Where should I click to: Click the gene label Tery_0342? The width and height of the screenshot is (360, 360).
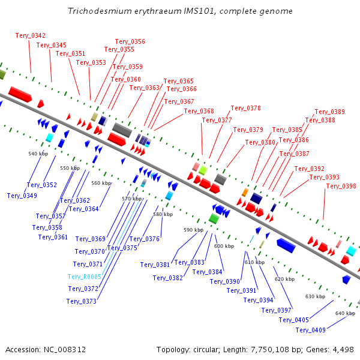click(31, 36)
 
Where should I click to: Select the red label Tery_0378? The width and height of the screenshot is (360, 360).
click(246, 109)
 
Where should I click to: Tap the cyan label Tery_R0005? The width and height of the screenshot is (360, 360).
click(84, 277)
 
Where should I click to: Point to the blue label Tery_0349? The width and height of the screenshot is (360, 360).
click(22, 196)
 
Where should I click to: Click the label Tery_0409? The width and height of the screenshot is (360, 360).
click(311, 331)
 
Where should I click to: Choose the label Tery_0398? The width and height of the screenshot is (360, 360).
click(341, 187)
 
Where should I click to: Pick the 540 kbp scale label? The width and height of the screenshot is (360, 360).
click(38, 154)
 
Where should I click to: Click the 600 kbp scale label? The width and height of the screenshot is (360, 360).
click(224, 247)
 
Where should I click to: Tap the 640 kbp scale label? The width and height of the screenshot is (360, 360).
click(345, 314)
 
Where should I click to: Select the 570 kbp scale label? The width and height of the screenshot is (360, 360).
click(131, 199)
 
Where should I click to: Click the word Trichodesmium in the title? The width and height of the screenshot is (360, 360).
click(96, 11)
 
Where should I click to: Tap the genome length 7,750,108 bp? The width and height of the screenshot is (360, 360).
click(276, 349)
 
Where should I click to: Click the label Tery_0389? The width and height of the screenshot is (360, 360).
click(330, 112)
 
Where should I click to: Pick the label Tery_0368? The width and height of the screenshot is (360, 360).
click(199, 112)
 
